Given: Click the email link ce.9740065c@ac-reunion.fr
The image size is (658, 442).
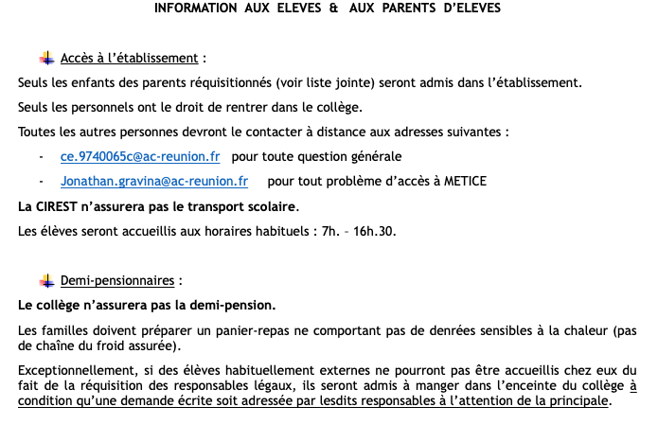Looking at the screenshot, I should coord(140,156).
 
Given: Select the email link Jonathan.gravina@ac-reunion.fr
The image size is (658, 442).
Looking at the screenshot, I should coord(154,180).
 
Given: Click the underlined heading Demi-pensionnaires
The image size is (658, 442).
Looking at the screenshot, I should coord(118,281).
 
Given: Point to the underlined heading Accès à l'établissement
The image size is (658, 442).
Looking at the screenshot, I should coord(130,58).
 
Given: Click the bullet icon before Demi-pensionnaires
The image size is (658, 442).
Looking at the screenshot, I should coord(47,281).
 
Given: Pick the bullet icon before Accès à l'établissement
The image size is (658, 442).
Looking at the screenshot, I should coord(47,58).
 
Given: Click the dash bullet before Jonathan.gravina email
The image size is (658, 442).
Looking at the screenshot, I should coord(41,180).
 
